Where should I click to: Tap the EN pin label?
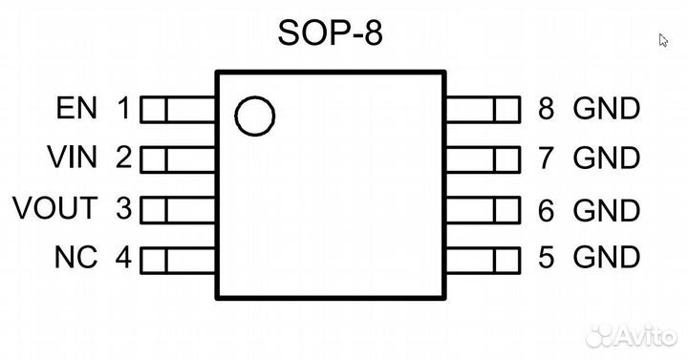click(x=77, y=109)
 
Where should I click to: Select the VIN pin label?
click(x=72, y=157)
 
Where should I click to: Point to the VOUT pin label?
click(x=54, y=207)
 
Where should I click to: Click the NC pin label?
click(x=75, y=258)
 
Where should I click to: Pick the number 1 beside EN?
click(x=122, y=109)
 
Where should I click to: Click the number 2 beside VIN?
click(x=122, y=157)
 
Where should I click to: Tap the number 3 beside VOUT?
click(x=122, y=207)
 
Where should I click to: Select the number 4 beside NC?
click(x=122, y=258)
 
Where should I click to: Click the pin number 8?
click(x=546, y=109)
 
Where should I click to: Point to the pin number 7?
click(x=546, y=157)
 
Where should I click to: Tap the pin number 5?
click(x=546, y=257)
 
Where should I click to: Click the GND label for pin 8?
click(x=606, y=109)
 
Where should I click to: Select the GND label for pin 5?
click(x=606, y=257)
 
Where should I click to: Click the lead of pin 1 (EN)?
click(x=178, y=112)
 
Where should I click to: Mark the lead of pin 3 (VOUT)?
click(x=178, y=209)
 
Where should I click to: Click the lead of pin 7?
click(x=483, y=159)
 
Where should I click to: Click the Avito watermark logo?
click(x=631, y=334)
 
